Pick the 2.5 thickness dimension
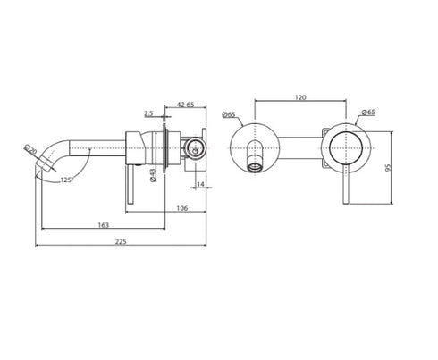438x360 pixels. coord(149,113)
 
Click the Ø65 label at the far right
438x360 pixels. coord(366,113)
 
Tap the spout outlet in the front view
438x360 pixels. coord(256,166)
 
